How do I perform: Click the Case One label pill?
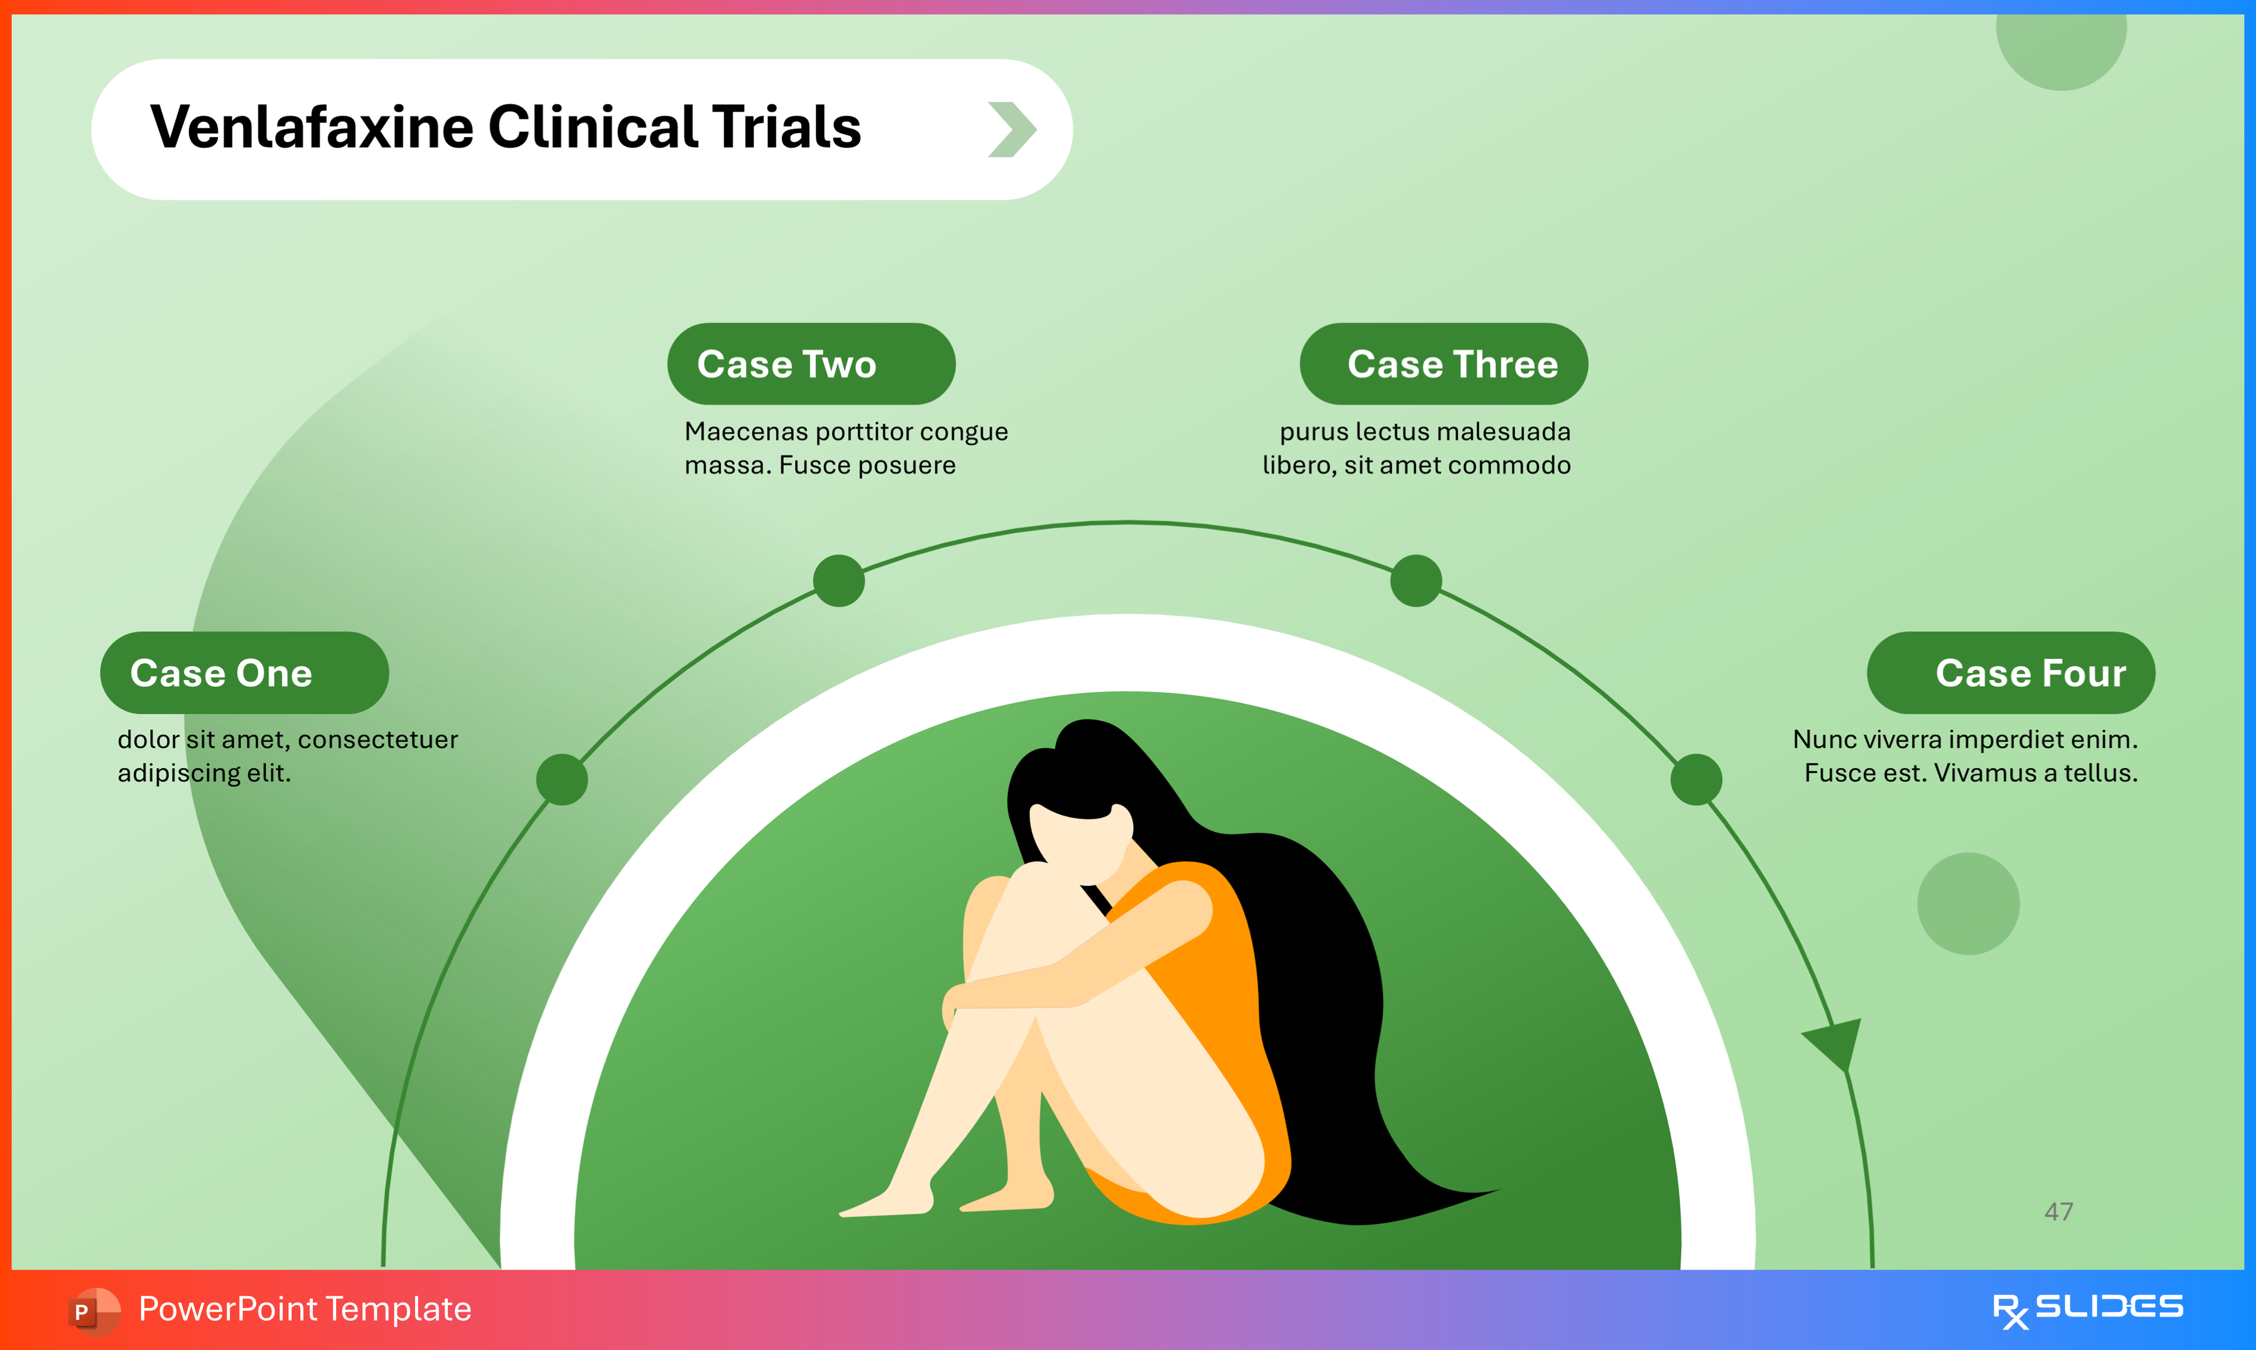(244, 673)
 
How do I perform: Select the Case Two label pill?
(811, 364)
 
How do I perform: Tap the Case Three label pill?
(1444, 364)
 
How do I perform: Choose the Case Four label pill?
(2010, 673)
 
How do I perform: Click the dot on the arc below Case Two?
(838, 581)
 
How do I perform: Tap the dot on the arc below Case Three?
(1415, 581)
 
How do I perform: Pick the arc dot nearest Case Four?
(1696, 779)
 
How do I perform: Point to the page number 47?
(2059, 1212)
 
